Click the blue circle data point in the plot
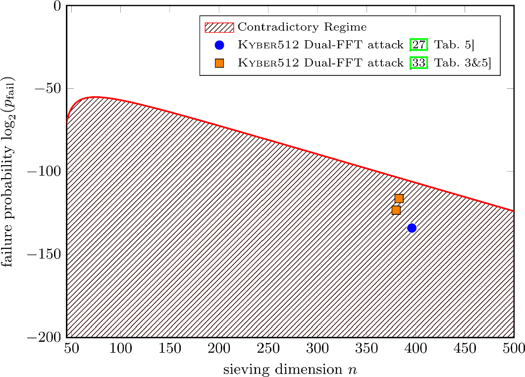(x=412, y=228)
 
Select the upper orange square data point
(x=399, y=199)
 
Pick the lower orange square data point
(x=396, y=210)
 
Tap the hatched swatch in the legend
(x=219, y=27)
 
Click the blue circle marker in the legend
(x=219, y=45)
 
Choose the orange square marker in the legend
(x=219, y=63)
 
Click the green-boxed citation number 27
(x=418, y=45)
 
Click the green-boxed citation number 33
(x=418, y=63)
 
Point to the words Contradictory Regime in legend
(x=302, y=27)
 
